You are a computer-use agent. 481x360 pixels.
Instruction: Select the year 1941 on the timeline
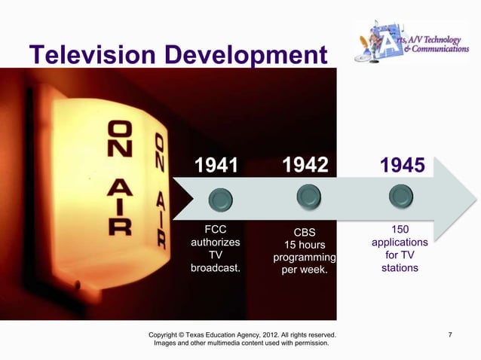tap(216, 165)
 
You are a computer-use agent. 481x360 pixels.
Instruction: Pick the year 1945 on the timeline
tap(402, 165)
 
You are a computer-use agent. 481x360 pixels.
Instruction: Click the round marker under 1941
tap(219, 199)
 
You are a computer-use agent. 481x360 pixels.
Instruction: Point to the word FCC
tap(216, 230)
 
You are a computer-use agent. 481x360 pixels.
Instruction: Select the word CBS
tap(304, 232)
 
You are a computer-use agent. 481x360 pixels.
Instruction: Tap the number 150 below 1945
tap(400, 229)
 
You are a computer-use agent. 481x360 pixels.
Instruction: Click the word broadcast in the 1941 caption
tap(216, 268)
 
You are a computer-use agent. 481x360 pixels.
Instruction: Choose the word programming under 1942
tap(304, 258)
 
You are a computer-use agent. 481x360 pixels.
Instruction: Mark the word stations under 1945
tap(400, 268)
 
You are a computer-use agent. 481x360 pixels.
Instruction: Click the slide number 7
tap(450, 334)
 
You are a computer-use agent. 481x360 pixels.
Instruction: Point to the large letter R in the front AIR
tap(119, 224)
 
